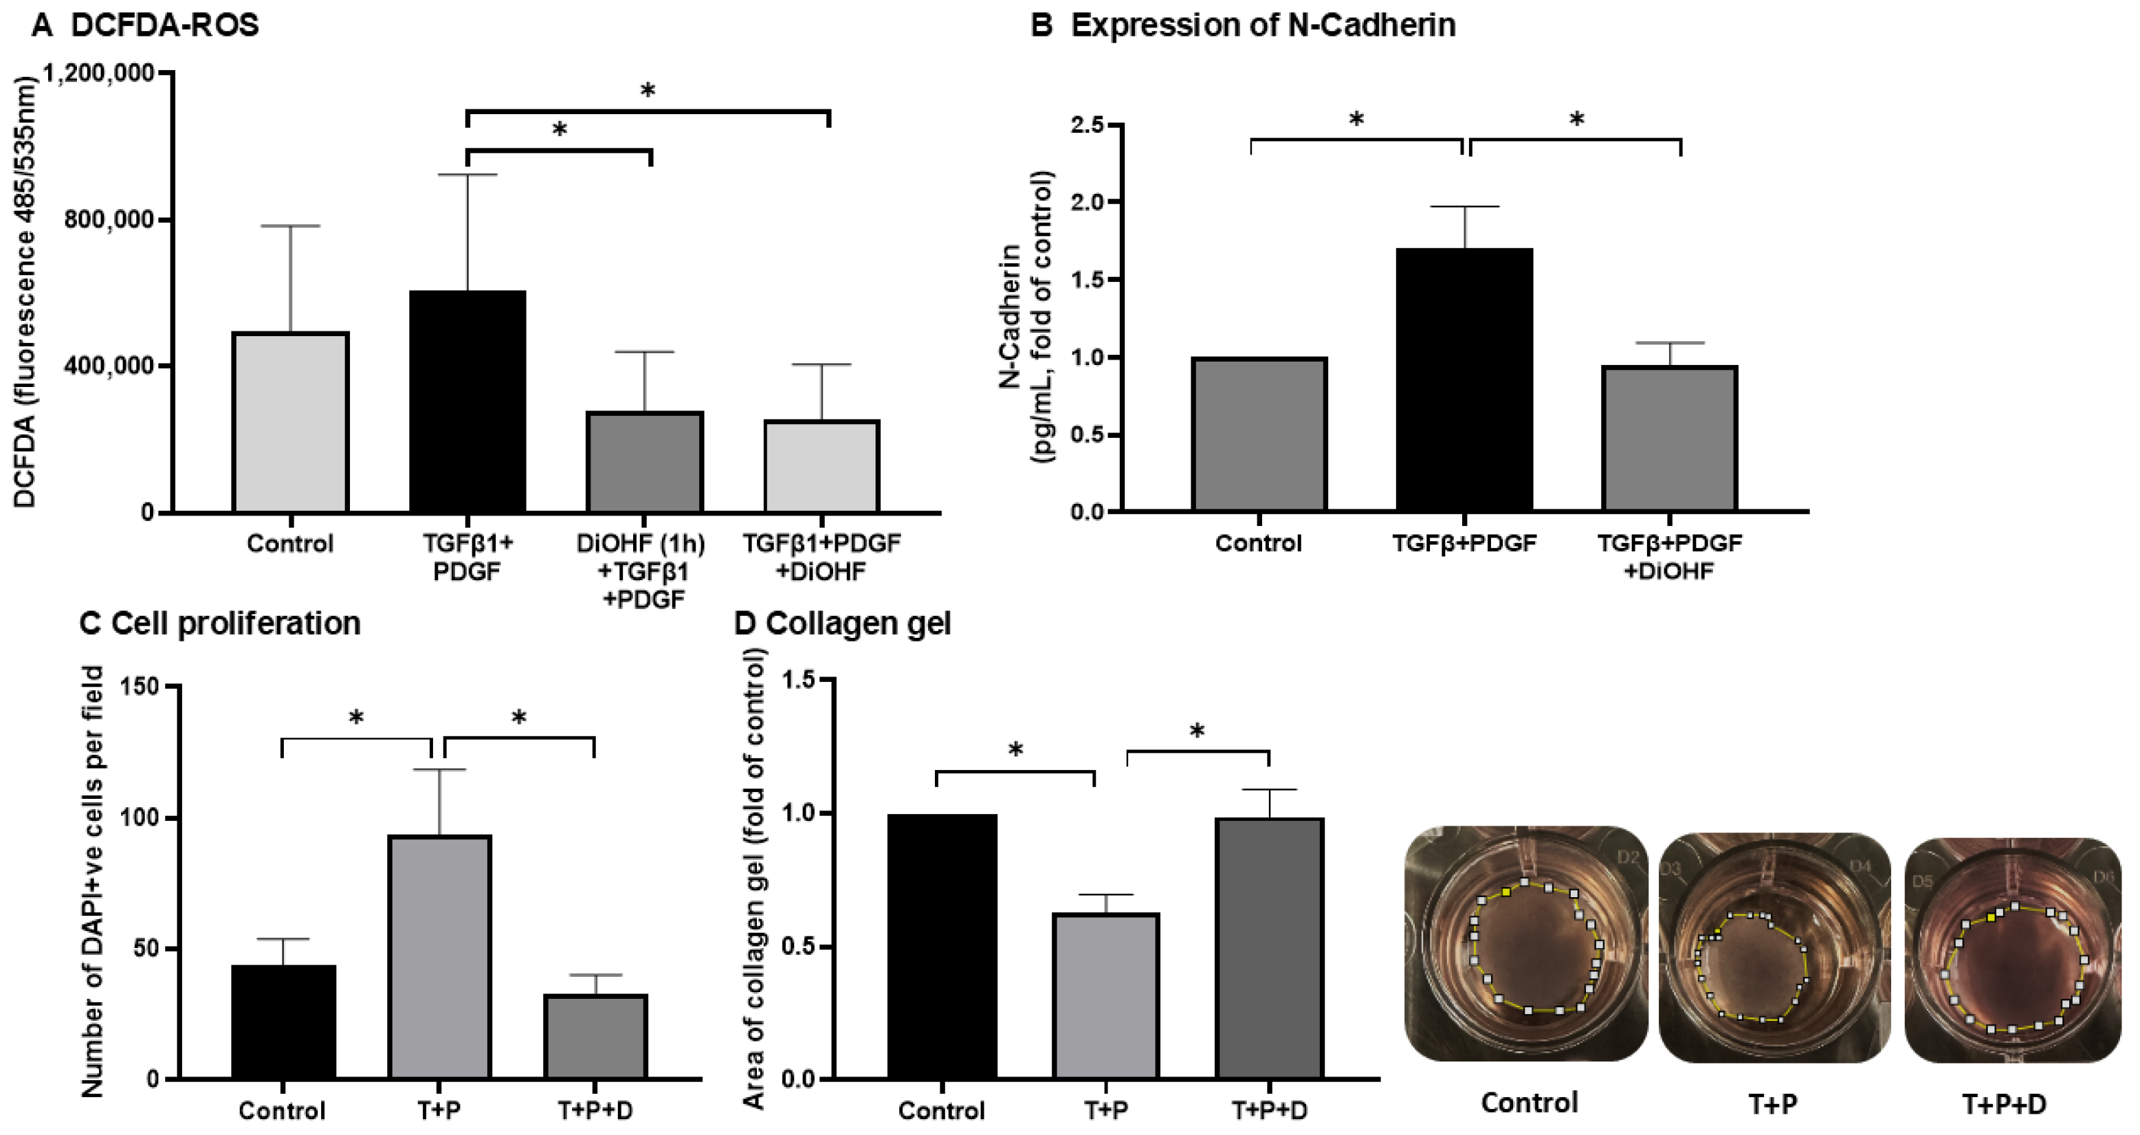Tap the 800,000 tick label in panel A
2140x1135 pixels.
coord(109,220)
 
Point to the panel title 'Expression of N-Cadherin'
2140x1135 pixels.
coord(1263,25)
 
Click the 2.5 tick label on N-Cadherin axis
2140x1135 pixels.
coord(1088,124)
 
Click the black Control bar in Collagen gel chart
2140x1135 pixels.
coord(941,947)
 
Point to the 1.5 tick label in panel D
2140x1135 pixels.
coord(800,681)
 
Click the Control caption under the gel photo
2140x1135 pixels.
coord(1530,1103)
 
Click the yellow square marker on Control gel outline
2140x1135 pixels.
coord(1505,892)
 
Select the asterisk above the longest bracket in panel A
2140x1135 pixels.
coord(647,91)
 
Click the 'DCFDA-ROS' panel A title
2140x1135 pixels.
coord(164,25)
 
